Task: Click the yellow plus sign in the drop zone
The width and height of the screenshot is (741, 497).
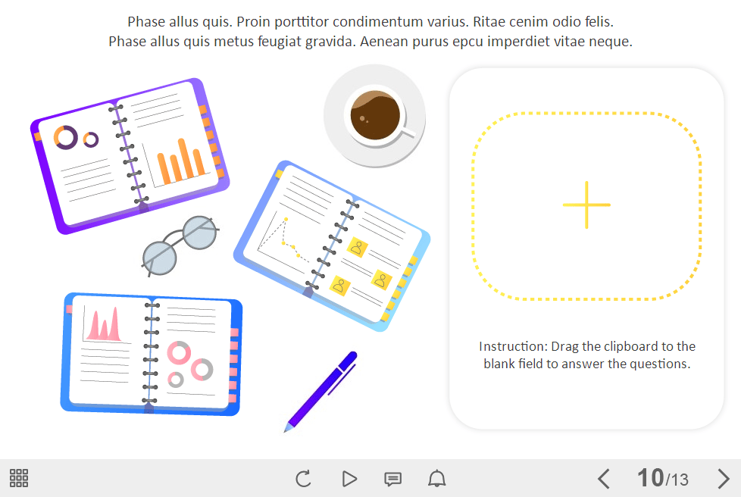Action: tap(586, 205)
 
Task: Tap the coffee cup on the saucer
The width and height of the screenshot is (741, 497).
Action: tap(377, 116)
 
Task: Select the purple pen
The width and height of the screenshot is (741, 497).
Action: tap(321, 392)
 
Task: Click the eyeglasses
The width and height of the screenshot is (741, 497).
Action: tap(180, 245)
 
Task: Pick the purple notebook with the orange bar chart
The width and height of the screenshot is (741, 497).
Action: tap(130, 156)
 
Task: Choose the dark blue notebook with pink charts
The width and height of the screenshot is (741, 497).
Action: tap(152, 355)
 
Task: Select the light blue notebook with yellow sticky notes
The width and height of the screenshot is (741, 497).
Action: tap(332, 245)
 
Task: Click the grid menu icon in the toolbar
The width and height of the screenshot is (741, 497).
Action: tap(19, 478)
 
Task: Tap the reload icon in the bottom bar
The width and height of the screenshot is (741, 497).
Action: tap(303, 479)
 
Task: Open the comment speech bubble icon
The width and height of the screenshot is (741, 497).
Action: tap(392, 479)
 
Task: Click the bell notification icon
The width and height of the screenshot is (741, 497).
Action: tap(436, 479)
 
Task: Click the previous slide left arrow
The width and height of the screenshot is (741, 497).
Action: tap(603, 479)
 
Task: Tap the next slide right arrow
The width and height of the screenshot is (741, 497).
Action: tap(723, 479)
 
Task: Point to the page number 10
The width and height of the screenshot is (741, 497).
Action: tap(650, 477)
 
